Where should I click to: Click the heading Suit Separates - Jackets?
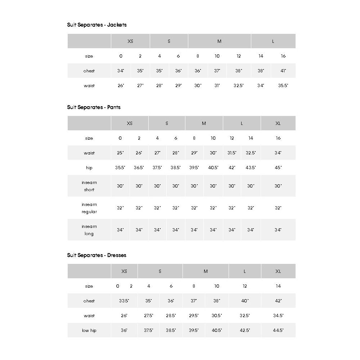pyautogui.click(x=97, y=25)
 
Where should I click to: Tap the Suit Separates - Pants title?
pyautogui.click(x=94, y=107)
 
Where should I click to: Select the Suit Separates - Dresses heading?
pyautogui.click(x=97, y=255)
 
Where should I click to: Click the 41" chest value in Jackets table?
pyautogui.click(x=283, y=71)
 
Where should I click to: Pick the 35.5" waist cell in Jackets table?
pyautogui.click(x=283, y=86)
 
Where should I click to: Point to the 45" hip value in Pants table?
pyautogui.click(x=278, y=168)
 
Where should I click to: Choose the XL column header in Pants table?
pyautogui.click(x=278, y=123)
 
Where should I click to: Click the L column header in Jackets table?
pyautogui.click(x=273, y=41)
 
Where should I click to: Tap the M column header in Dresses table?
pyautogui.click(x=206, y=271)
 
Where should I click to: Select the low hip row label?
pyautogui.click(x=89, y=330)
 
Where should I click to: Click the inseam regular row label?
pyautogui.click(x=89, y=208)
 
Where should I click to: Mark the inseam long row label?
pyautogui.click(x=89, y=230)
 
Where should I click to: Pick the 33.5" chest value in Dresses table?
pyautogui.click(x=124, y=301)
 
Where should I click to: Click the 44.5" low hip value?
pyautogui.click(x=278, y=330)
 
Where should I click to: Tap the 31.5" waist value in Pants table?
pyautogui.click(x=232, y=153)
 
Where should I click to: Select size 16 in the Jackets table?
pyautogui.click(x=283, y=56)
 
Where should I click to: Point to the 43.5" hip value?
pyautogui.click(x=251, y=168)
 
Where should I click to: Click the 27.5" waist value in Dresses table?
pyautogui.click(x=149, y=316)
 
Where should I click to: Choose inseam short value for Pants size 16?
pyautogui.click(x=278, y=186)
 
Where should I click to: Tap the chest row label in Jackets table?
pyautogui.click(x=89, y=71)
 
